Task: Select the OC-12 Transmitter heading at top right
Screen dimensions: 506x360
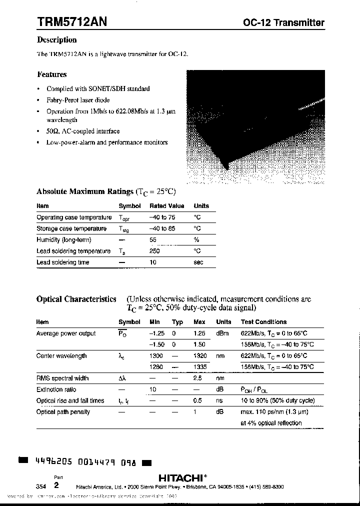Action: point(283,22)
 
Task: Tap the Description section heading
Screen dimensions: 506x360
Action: point(56,40)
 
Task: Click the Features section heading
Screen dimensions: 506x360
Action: point(51,74)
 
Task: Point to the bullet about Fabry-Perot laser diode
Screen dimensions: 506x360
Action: point(78,100)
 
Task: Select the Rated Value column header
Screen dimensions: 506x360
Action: point(166,206)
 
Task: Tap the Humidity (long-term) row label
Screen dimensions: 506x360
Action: point(63,240)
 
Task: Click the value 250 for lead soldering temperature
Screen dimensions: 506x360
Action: point(154,251)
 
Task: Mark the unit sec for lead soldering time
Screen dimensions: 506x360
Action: point(198,262)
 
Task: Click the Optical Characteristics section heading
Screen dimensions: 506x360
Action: point(76,299)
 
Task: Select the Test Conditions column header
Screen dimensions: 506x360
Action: point(263,322)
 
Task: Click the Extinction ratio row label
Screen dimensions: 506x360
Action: point(56,389)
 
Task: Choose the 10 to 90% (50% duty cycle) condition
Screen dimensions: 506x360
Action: point(277,400)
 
